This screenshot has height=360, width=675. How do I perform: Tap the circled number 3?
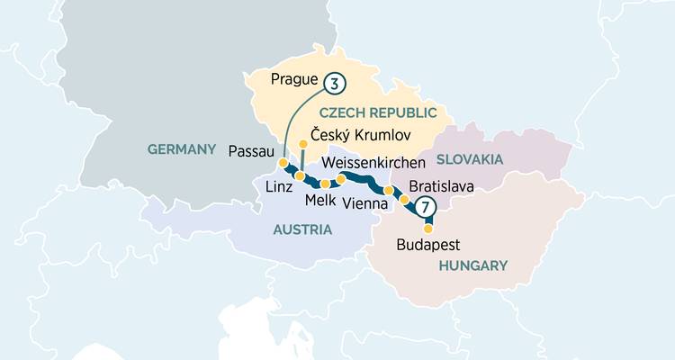pos(334,85)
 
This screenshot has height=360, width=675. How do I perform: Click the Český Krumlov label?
pos(360,134)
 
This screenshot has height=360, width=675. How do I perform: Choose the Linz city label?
pos(280,186)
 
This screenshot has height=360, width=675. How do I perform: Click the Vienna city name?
pos(366,204)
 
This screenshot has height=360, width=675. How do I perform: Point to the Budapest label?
pos(428,245)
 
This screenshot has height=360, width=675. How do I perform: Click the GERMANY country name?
pos(184,149)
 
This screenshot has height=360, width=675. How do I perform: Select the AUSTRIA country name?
pos(302,229)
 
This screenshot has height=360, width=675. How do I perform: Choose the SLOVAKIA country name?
pos(469,159)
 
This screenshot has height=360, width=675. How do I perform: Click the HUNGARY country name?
pos(473,265)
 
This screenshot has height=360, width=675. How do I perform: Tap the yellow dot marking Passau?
pos(283,163)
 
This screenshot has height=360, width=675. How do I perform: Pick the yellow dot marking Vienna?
pos(389,191)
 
